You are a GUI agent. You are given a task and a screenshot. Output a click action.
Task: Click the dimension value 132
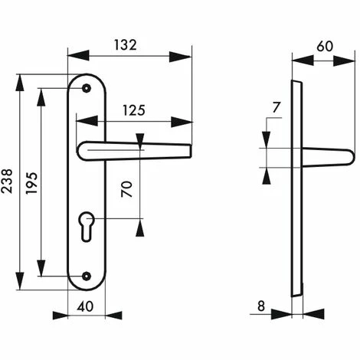[x=125, y=45]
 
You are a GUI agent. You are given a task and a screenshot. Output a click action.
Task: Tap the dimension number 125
[x=134, y=110]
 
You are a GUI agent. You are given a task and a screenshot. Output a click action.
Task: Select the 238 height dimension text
[x=7, y=181]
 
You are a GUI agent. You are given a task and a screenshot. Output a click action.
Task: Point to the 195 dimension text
[x=31, y=183]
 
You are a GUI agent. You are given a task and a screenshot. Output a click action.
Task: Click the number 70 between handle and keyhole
[x=127, y=189]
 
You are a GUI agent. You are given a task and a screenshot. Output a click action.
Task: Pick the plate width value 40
[x=85, y=306]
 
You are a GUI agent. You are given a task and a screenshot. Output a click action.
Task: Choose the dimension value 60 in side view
[x=325, y=46]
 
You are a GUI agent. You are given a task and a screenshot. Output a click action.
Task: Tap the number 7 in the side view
[x=277, y=107]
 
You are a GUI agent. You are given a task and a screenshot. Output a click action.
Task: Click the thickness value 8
[x=261, y=306]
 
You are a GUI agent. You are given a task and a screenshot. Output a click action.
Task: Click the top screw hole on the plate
[x=87, y=88]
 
